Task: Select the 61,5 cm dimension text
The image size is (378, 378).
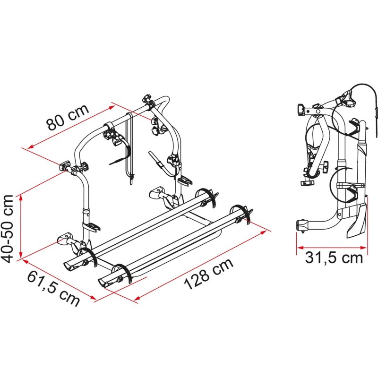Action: (53, 288)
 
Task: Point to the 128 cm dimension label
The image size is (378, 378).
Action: (209, 274)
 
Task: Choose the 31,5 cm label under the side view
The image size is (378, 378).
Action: (334, 258)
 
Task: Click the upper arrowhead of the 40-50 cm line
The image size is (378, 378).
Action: (21, 198)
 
